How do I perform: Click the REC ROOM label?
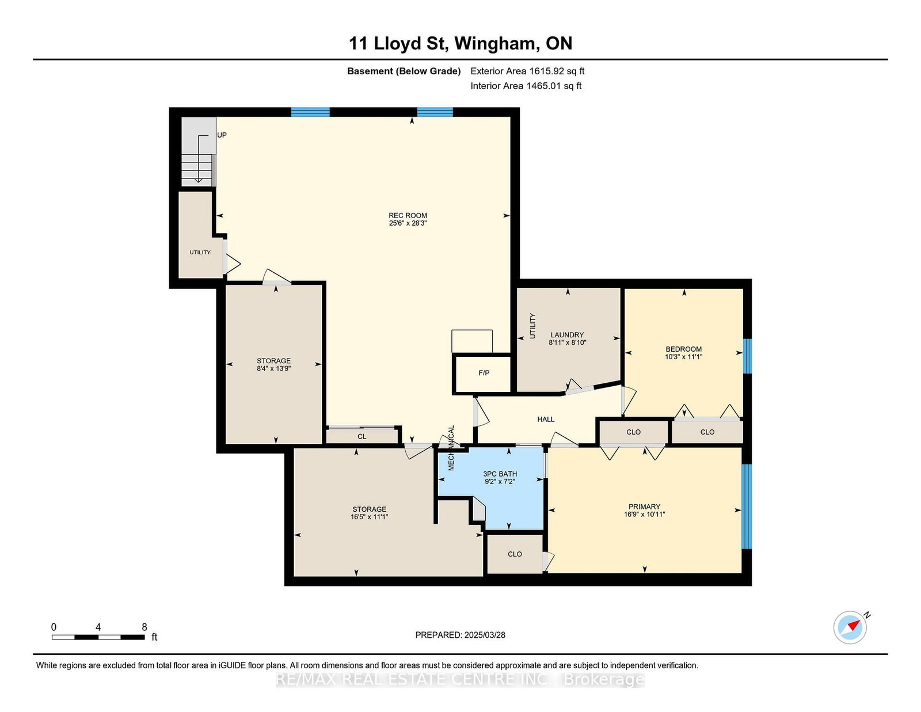[x=408, y=215]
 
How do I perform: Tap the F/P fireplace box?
[x=483, y=374]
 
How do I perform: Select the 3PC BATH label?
[x=500, y=474]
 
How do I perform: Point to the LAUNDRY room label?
[x=567, y=335]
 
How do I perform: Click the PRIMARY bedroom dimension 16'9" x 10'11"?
[x=644, y=515]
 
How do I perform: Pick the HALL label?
[x=546, y=419]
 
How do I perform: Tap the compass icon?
[x=850, y=627]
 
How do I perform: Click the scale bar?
[x=98, y=637]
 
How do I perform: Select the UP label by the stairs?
[x=222, y=135]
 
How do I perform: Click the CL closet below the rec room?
[x=361, y=436]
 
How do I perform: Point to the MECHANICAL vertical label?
[x=451, y=448]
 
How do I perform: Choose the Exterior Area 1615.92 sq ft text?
[x=527, y=71]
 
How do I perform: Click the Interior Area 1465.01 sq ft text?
[x=526, y=86]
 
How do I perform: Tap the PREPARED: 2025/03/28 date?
[x=461, y=635]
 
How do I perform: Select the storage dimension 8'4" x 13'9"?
[x=273, y=369]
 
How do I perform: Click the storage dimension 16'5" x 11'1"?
[x=369, y=517]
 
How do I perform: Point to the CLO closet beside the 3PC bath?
[x=515, y=554]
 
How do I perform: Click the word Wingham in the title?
[x=495, y=44]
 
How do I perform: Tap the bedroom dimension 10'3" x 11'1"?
[x=684, y=357]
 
